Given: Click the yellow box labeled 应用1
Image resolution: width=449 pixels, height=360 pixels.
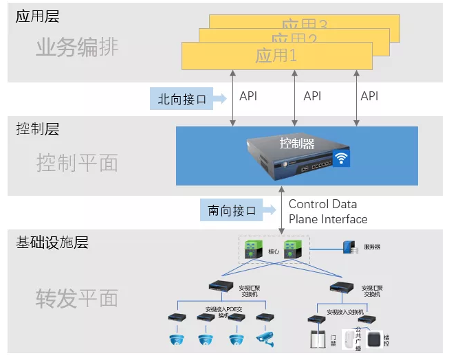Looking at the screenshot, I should tap(276, 56).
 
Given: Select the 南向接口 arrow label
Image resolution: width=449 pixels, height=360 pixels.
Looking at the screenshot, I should tap(232, 211).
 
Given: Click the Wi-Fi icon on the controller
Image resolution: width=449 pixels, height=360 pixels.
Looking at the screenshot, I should tap(341, 159).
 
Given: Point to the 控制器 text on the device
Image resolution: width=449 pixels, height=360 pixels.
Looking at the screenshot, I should tap(297, 144).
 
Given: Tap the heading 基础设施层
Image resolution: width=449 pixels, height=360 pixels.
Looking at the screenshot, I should tap(52, 243).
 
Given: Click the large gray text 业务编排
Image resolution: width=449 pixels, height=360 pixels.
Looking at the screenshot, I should tap(77, 47).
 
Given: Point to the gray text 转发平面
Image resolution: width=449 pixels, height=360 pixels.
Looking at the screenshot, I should tap(77, 298).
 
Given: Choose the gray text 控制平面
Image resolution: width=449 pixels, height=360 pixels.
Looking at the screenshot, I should tap(77, 163).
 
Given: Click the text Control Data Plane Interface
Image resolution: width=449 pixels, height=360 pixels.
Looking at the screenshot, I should tap(327, 212).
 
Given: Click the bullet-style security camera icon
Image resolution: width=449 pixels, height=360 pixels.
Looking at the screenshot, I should tap(265, 338).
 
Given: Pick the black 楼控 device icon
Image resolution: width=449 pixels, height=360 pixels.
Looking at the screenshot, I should tap(375, 339).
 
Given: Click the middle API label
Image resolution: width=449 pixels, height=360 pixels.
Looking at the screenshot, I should tap(312, 97).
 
